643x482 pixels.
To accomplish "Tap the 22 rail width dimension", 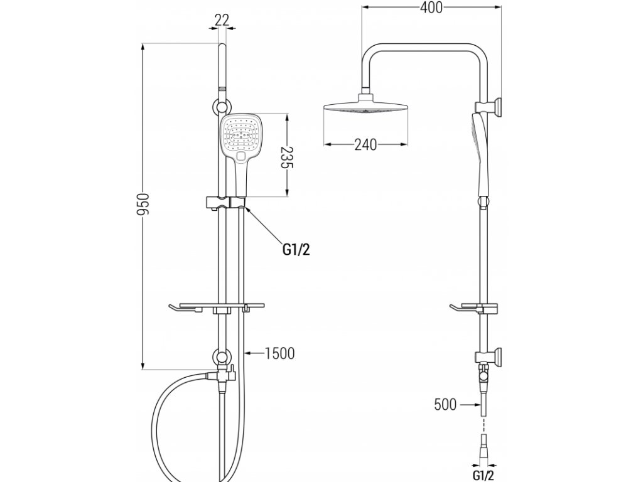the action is pyautogui.click(x=221, y=19).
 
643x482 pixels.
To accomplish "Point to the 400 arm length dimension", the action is pyautogui.click(x=431, y=8).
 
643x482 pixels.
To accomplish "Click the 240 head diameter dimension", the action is pyautogui.click(x=365, y=145).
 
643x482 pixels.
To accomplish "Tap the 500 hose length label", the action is pyautogui.click(x=445, y=405).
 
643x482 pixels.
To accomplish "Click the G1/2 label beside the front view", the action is pyautogui.click(x=296, y=250).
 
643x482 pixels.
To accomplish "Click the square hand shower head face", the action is pyautogui.click(x=238, y=134).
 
